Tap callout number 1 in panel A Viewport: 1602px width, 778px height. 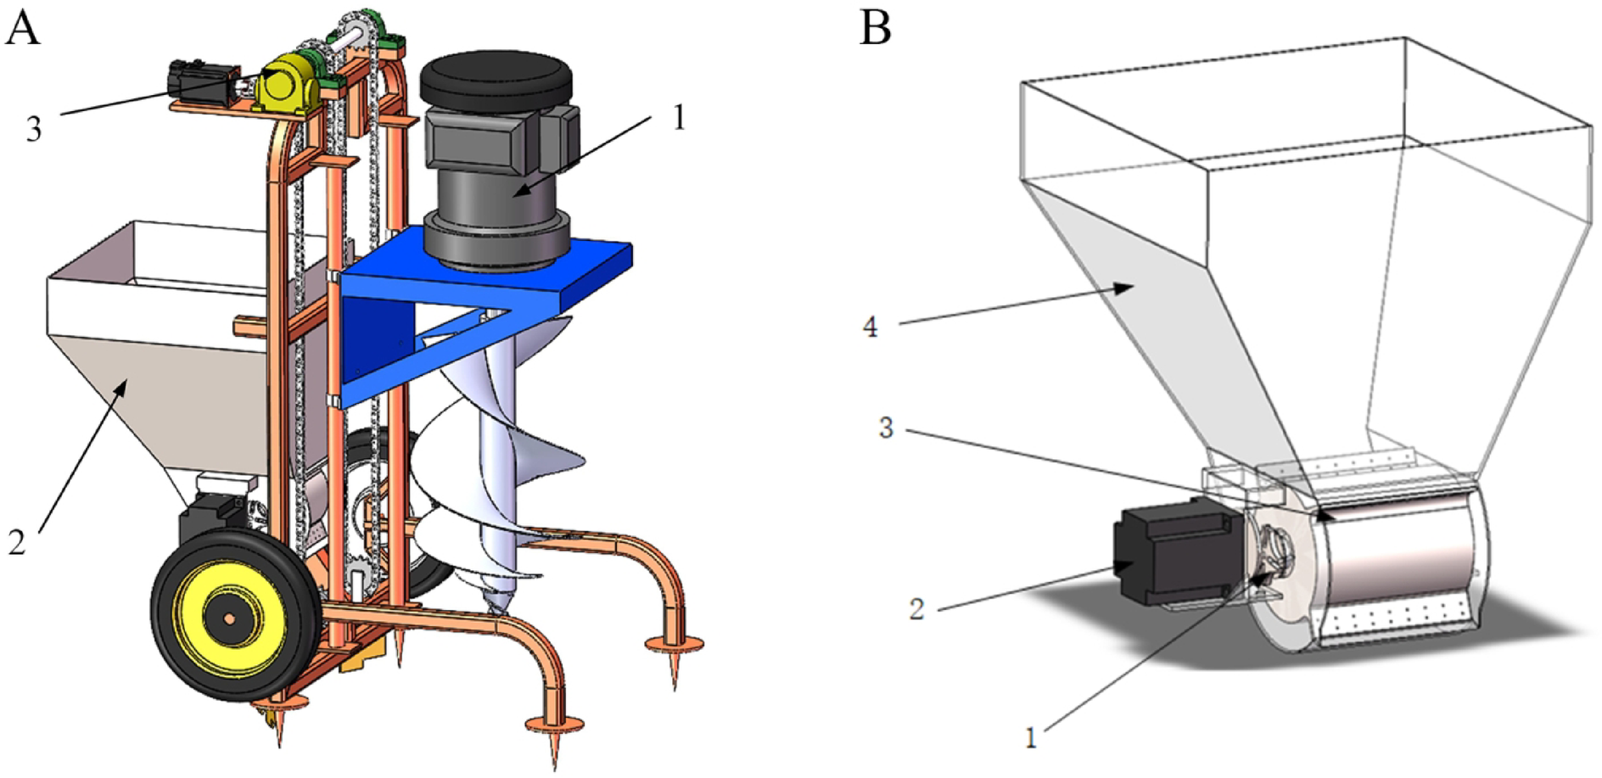pyautogui.click(x=678, y=118)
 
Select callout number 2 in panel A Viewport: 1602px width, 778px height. pyautogui.click(x=18, y=542)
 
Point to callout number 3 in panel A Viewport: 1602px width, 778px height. pyautogui.click(x=34, y=129)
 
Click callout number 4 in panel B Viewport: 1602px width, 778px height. pyautogui.click(x=870, y=327)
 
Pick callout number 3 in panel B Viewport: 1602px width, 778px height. pyautogui.click(x=886, y=428)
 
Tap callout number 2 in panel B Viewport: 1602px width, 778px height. pyautogui.click(x=916, y=608)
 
